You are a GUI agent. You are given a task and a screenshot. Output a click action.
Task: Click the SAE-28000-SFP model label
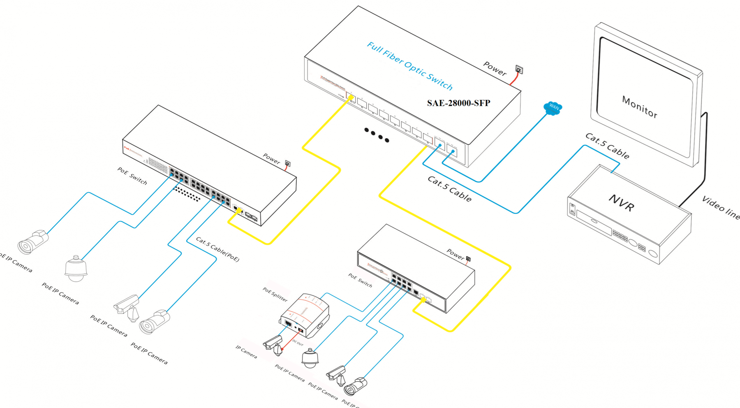(x=458, y=103)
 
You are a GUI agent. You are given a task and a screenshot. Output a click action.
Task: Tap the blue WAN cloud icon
(x=553, y=108)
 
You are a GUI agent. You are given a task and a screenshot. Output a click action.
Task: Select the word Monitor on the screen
(x=639, y=107)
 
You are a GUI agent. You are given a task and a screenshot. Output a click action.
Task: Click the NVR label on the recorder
(x=621, y=203)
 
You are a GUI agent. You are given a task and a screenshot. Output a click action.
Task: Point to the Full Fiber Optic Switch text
(x=409, y=66)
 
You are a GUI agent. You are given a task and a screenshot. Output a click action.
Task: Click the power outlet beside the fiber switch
(x=519, y=70)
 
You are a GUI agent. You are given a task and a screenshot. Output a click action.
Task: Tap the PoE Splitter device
(x=305, y=315)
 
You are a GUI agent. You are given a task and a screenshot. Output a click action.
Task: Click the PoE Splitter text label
(x=275, y=294)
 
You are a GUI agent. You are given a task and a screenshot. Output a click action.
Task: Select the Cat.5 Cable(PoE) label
(x=217, y=249)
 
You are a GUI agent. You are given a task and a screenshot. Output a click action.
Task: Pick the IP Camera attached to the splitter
(x=274, y=344)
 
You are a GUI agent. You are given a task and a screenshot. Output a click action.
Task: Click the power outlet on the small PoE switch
(x=468, y=259)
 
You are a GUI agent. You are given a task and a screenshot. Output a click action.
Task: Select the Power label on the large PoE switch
(x=271, y=158)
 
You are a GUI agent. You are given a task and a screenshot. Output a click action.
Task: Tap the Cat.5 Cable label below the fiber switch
(x=449, y=189)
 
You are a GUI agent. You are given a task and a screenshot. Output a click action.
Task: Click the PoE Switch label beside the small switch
(x=360, y=280)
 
